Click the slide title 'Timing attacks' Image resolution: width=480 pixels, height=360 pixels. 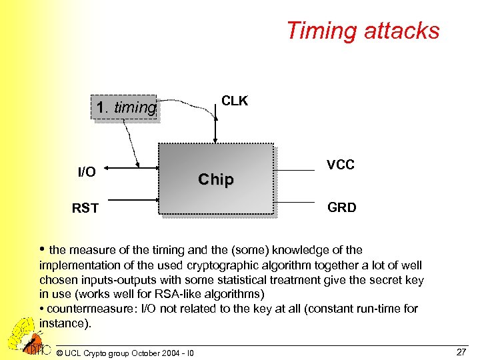click(363, 31)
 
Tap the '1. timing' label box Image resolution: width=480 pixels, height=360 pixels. click(126, 108)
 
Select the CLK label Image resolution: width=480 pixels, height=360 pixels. click(234, 101)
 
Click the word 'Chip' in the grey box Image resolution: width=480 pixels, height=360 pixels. click(216, 179)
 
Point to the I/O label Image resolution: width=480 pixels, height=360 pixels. click(87, 173)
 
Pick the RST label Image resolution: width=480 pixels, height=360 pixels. click(85, 209)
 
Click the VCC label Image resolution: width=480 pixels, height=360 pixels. click(341, 165)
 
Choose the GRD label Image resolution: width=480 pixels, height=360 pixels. click(342, 207)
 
